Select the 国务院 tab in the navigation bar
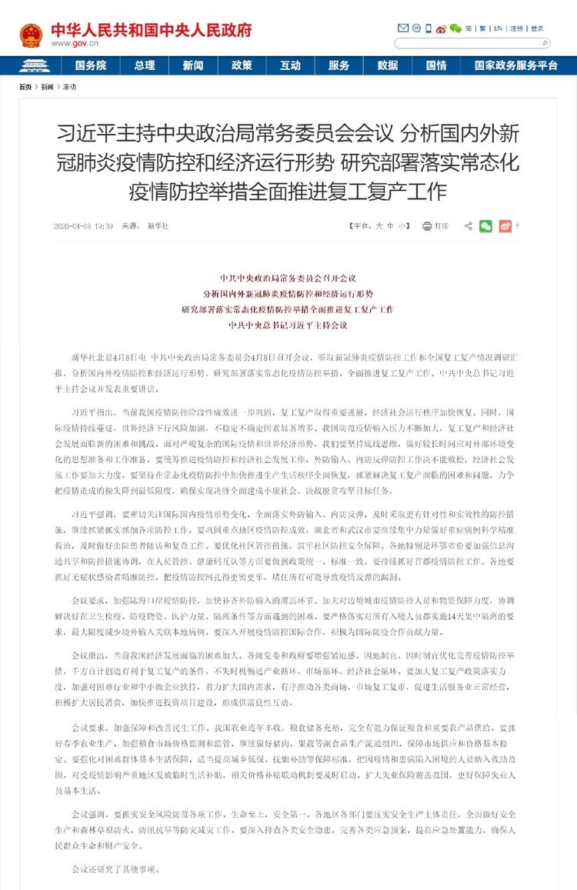(x=91, y=65)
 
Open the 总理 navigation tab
(x=144, y=65)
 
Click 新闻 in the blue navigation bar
(x=193, y=65)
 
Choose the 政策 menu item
(x=242, y=65)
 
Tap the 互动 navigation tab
(x=290, y=65)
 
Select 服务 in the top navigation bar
(x=339, y=65)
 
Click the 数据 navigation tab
(x=388, y=65)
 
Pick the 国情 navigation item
(x=436, y=65)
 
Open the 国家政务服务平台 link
(x=515, y=65)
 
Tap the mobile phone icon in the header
(x=429, y=28)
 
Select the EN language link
(x=498, y=28)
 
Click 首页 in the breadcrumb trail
(x=25, y=87)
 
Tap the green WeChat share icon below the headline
(x=485, y=226)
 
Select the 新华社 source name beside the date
(x=157, y=226)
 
